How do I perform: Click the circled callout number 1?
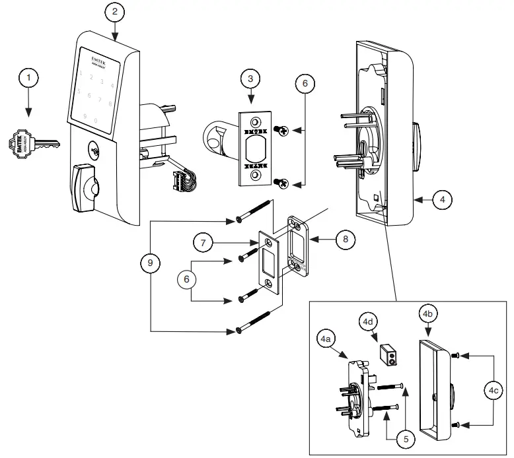coord(28,78)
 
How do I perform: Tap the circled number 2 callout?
coord(115,12)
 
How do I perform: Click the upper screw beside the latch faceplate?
coord(282,132)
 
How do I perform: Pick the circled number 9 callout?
coord(151,263)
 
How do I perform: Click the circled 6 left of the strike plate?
coord(188,280)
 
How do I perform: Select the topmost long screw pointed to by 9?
coord(253,211)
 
